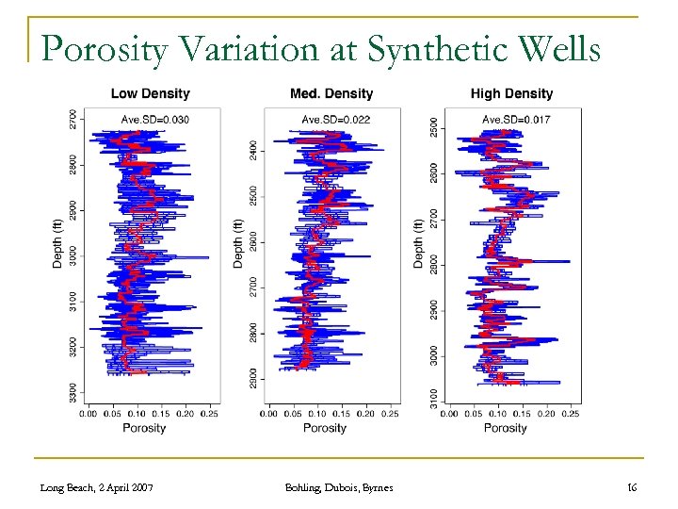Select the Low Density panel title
151,93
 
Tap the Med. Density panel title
331,93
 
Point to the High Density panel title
511,93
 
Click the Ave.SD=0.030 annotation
155,119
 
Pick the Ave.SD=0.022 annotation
335,119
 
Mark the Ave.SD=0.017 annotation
516,119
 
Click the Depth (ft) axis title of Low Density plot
57,244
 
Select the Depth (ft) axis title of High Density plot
418,244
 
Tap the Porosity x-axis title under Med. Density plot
325,428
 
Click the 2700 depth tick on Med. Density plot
253,287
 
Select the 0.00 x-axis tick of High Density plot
449,413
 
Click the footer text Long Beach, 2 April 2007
97,486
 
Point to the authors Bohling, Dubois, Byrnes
338,486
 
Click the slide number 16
632,486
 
